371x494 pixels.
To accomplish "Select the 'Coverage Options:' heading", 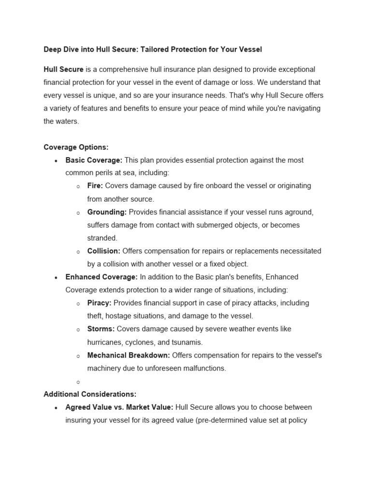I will click(x=76, y=147).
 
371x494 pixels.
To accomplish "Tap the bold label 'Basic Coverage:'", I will click(x=94, y=160).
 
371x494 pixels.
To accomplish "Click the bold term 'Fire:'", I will click(x=95, y=186).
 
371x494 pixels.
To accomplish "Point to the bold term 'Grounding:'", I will click(x=107, y=212).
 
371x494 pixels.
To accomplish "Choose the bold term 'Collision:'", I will click(x=104, y=251).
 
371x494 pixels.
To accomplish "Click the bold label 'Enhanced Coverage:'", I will click(x=101, y=277).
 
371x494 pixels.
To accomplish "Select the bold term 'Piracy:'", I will click(x=99, y=303).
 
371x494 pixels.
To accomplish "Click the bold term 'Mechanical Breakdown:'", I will click(x=128, y=355).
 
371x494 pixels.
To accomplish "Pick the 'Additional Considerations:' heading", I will click(x=90, y=394).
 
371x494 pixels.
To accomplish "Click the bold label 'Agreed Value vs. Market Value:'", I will click(x=119, y=407).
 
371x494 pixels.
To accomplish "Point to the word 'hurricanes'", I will click(x=105, y=343).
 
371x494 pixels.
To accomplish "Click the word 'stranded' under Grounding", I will click(x=102, y=238).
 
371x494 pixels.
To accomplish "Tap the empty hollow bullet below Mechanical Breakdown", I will click(x=78, y=382).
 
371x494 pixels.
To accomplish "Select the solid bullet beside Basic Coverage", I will click(x=57, y=161).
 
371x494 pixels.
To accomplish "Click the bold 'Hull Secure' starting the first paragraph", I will click(x=63, y=69).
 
